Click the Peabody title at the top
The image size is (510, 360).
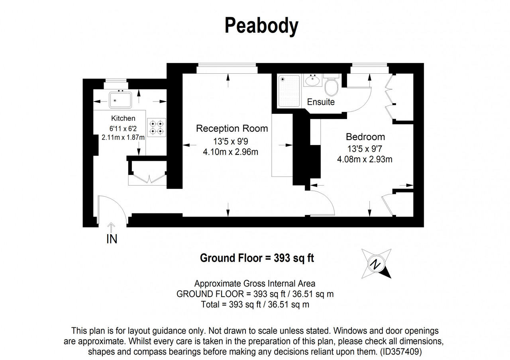pos(261,26)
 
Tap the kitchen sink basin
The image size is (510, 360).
pos(120,100)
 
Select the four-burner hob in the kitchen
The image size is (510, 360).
pos(157,127)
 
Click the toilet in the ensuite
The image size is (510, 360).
pos(331,85)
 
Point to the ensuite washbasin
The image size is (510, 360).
pos(313,80)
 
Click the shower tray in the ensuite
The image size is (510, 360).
pos(289,91)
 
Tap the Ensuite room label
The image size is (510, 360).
pos(321,102)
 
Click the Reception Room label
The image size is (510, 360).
pos(232,129)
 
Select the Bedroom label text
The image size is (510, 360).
pos(365,137)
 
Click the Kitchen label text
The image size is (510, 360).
pos(123,118)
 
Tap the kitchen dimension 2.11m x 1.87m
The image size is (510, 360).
pos(123,138)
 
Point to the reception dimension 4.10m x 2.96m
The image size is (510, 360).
pos(230,152)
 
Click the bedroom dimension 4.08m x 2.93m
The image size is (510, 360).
pos(365,159)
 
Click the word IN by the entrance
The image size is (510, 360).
pos(112,239)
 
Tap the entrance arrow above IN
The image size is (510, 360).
pos(111,227)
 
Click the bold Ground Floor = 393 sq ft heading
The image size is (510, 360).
pos(257,258)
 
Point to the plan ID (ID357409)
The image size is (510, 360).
pos(401,352)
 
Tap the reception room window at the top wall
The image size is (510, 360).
pos(227,68)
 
